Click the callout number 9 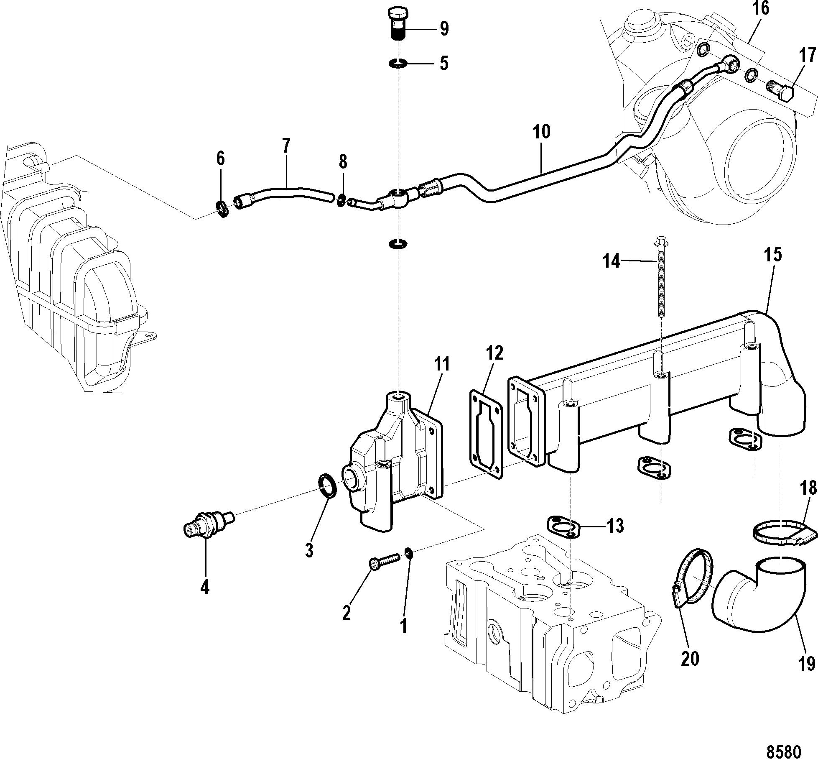(x=444, y=29)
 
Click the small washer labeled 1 (x=409, y=554)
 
